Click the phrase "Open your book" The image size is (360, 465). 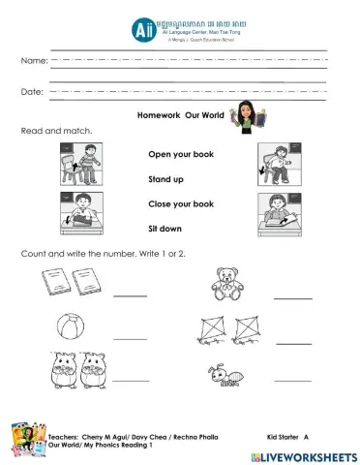(x=181, y=154)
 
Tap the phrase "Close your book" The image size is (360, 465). (x=181, y=204)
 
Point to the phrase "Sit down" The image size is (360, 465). (x=165, y=230)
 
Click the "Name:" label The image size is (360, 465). (x=33, y=61)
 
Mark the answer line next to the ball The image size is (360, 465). (x=131, y=338)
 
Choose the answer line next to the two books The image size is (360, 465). (x=131, y=297)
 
